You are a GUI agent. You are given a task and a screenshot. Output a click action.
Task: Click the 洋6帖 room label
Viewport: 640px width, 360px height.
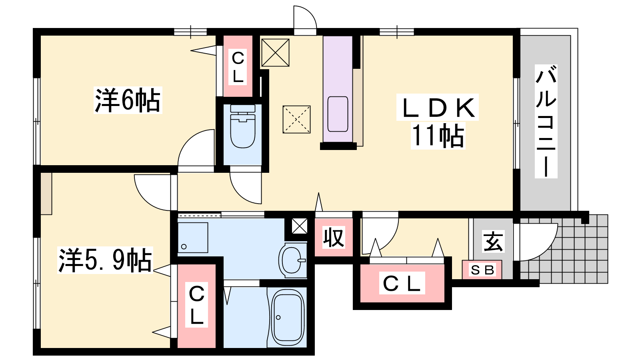click(x=128, y=100)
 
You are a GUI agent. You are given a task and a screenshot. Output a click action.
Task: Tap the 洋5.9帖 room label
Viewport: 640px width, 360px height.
click(x=105, y=260)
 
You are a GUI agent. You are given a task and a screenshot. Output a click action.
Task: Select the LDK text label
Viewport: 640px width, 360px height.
click(x=437, y=108)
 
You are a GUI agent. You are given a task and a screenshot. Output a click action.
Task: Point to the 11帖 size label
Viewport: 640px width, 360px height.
click(x=438, y=136)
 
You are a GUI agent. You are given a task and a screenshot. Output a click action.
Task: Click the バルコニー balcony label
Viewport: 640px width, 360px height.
click(x=546, y=122)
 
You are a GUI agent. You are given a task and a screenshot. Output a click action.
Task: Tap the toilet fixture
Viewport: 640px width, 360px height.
click(x=242, y=126)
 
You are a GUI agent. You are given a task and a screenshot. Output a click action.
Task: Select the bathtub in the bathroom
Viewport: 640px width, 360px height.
click(x=287, y=317)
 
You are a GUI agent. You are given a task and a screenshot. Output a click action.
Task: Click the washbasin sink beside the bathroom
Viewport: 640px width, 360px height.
click(x=292, y=260)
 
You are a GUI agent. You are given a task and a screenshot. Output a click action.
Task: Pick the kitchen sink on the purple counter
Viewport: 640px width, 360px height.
click(x=338, y=114)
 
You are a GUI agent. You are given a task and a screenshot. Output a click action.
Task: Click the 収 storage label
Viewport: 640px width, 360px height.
click(x=334, y=238)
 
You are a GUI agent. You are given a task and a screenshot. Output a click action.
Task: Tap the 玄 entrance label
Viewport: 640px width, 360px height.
click(x=493, y=242)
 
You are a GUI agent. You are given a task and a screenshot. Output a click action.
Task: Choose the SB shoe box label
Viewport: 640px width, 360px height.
click(x=482, y=270)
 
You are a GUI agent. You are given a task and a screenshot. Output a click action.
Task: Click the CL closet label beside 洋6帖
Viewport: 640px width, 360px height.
click(x=238, y=68)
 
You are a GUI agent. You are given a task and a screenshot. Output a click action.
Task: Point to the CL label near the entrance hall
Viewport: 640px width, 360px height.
click(x=402, y=283)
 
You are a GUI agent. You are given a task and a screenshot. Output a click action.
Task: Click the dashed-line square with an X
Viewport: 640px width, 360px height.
click(x=296, y=120)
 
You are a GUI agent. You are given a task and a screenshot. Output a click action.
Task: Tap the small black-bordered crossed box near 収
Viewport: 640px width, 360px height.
click(x=299, y=226)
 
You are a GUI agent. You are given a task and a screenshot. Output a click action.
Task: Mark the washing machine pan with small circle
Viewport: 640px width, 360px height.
click(x=193, y=238)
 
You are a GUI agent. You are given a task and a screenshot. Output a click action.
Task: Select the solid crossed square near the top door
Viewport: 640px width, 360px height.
click(x=276, y=52)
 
